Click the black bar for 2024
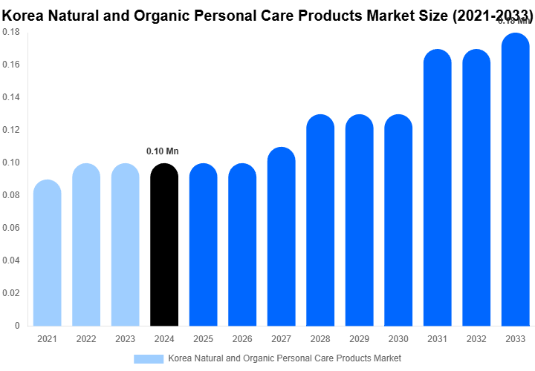pos(164,245)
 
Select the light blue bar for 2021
pos(48,253)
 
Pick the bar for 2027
pos(282,237)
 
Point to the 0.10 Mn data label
pos(163,151)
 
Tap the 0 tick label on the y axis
pos(17,326)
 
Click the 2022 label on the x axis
pos(86,339)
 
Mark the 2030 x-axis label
pos(398,339)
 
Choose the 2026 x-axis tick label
pos(242,339)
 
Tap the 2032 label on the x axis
pos(476,339)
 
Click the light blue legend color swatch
pos(148,358)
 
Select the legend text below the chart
pos(285,358)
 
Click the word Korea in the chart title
pos(27,15)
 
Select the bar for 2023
pos(126,245)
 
